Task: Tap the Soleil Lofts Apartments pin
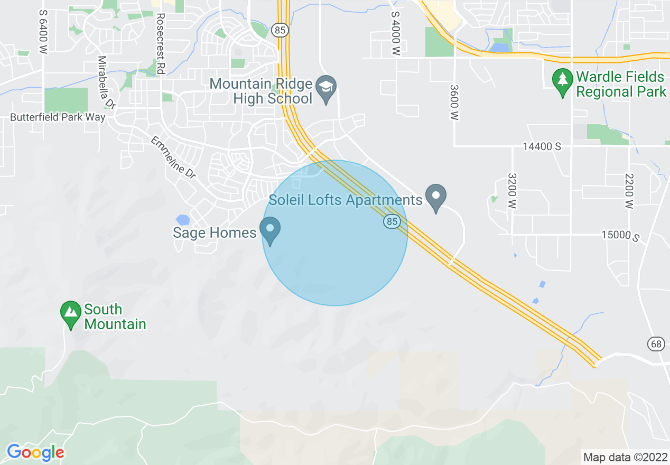click(x=436, y=197)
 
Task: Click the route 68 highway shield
click(x=656, y=344)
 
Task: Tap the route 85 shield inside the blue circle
click(x=392, y=222)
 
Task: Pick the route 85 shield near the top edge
click(x=281, y=30)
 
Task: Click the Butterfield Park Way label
click(x=58, y=117)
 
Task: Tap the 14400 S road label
click(x=542, y=147)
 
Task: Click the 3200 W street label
click(x=511, y=191)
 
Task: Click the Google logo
click(x=35, y=452)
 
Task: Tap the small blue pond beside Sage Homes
click(x=182, y=219)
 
